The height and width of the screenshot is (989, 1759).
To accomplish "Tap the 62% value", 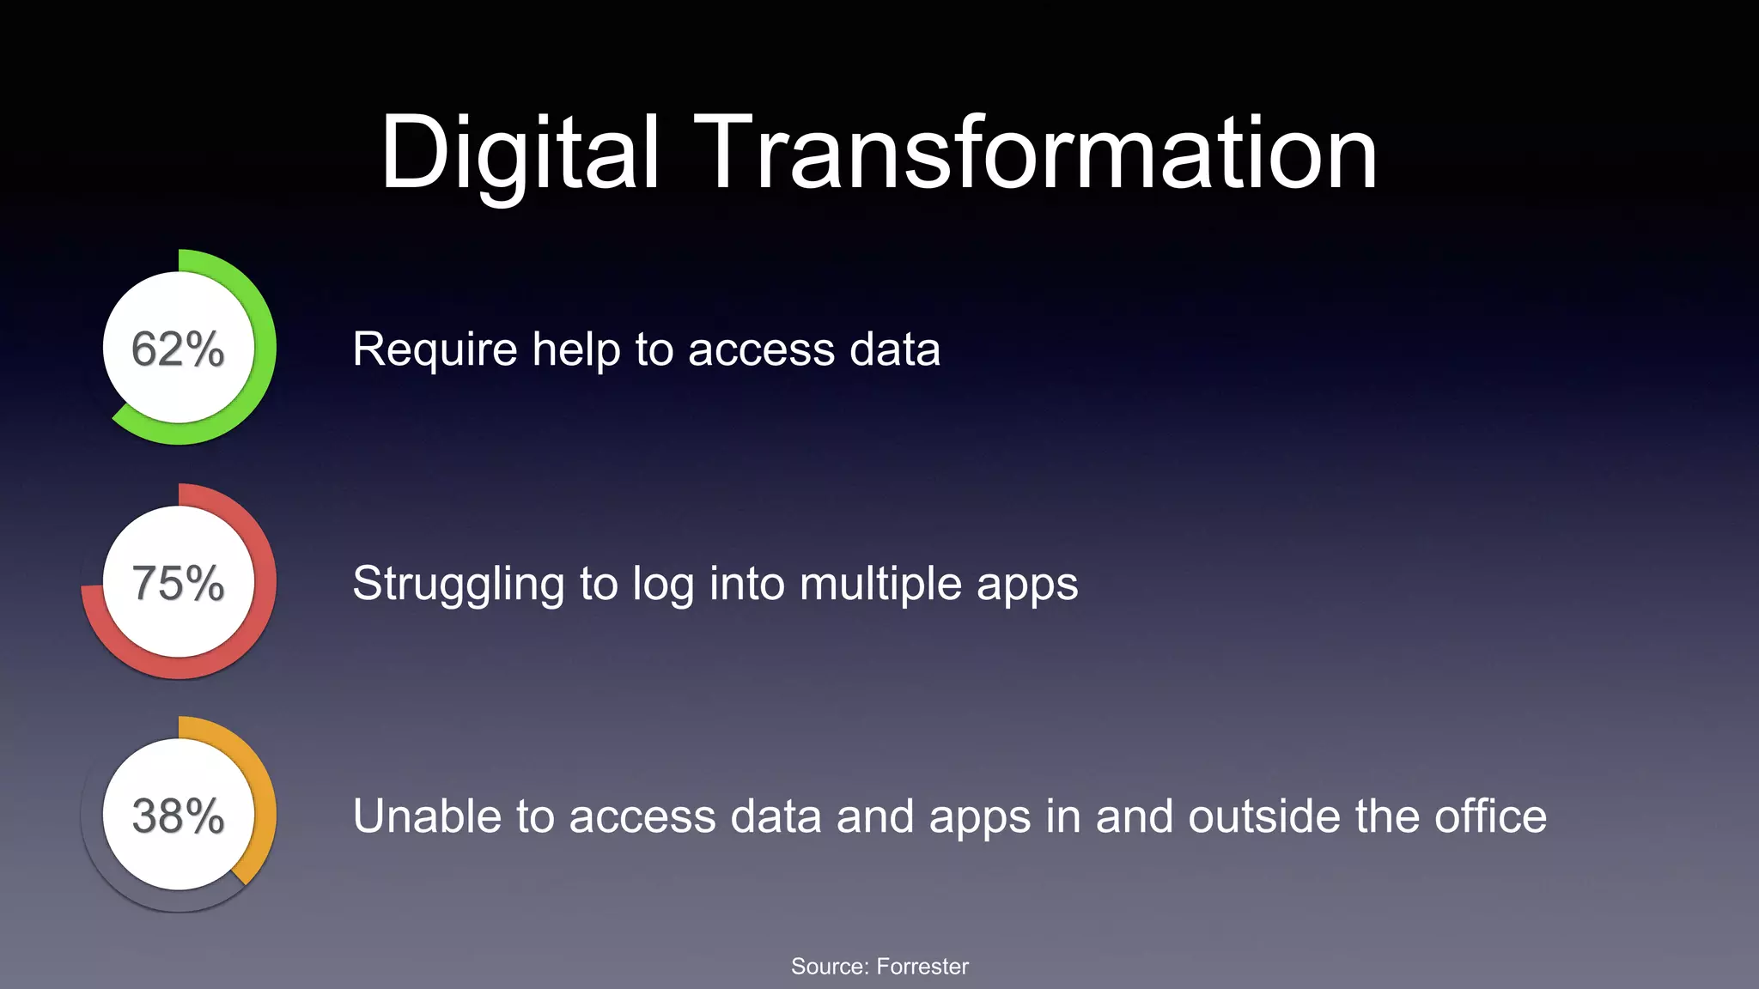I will (x=178, y=349).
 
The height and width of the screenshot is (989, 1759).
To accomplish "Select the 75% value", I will (x=178, y=584).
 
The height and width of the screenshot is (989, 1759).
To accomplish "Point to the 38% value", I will (x=178, y=816).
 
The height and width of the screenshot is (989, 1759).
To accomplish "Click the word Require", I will (x=435, y=349).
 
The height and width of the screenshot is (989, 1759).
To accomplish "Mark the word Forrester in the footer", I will (x=922, y=967).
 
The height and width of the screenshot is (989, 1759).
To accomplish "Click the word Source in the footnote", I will (x=829, y=967).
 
